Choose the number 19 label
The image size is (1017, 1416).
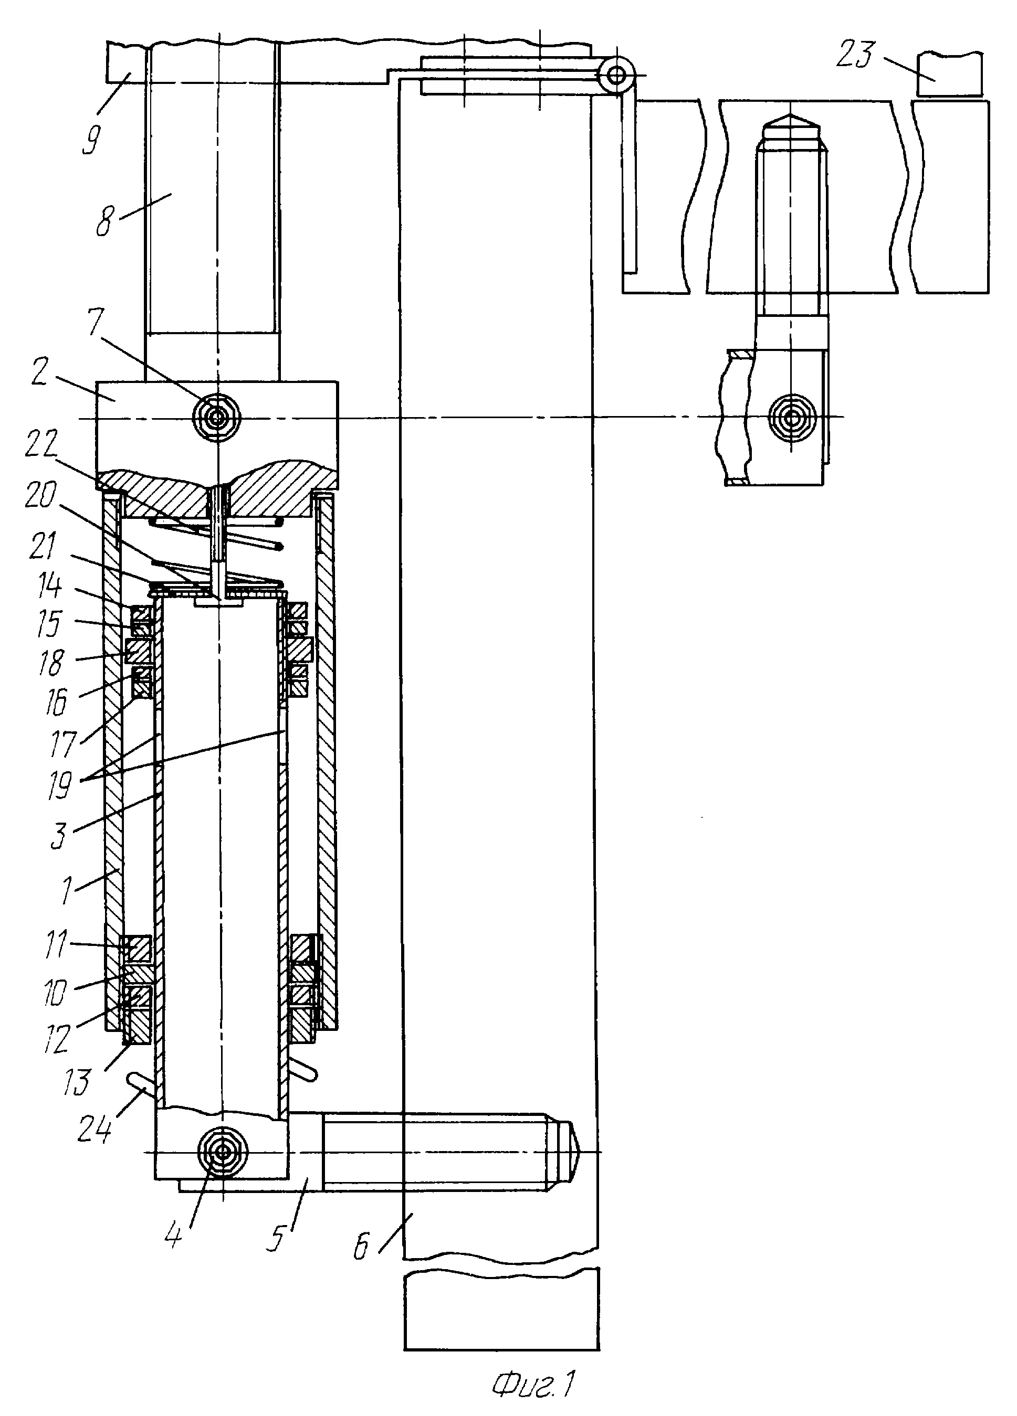click(x=59, y=785)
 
